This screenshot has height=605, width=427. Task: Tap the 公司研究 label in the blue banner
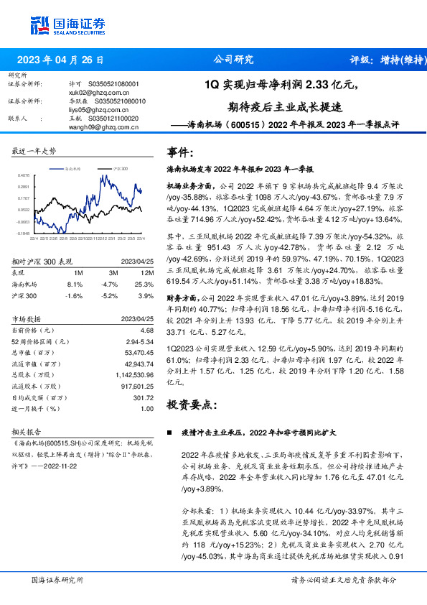pyautogui.click(x=234, y=60)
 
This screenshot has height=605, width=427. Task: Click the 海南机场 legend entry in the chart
pyautogui.click(x=72, y=167)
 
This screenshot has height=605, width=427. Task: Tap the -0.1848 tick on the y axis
pyautogui.click(x=24, y=233)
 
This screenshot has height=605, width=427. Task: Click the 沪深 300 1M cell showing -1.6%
pyautogui.click(x=75, y=295)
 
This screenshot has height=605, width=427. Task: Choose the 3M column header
pyautogui.click(x=113, y=273)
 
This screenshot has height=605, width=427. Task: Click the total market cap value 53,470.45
pyautogui.click(x=140, y=353)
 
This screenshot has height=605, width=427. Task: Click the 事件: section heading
pyautogui.click(x=180, y=152)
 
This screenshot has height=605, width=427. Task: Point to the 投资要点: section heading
pyautogui.click(x=190, y=405)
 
